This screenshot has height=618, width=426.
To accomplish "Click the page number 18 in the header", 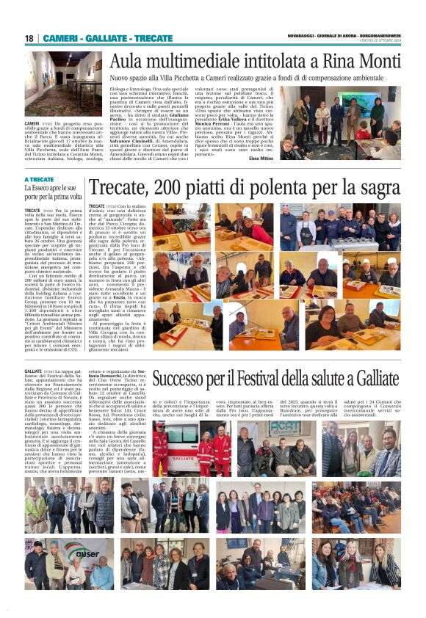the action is coord(29,38).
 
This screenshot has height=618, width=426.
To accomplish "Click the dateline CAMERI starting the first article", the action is coord(32,123).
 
